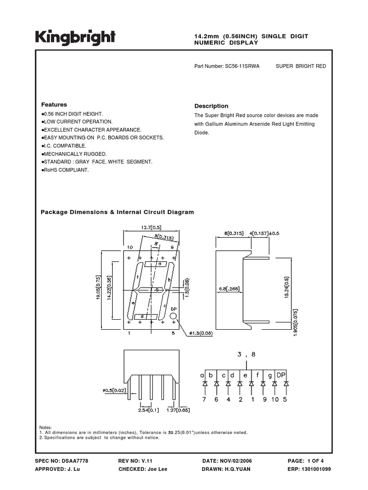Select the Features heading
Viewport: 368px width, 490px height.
54,105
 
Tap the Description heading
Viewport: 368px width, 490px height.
211,106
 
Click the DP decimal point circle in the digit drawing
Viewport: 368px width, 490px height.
173,316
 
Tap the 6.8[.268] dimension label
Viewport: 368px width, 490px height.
229,289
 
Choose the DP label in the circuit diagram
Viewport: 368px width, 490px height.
282,376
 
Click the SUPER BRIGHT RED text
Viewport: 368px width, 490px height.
301,66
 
